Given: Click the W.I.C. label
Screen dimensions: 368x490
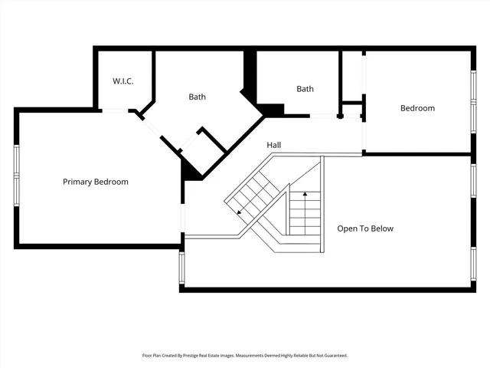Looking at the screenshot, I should (123, 80).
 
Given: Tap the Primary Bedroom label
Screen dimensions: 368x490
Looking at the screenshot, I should (96, 182).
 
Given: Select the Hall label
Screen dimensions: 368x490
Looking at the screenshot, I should (274, 145).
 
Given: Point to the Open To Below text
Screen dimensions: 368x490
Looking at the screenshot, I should (366, 228).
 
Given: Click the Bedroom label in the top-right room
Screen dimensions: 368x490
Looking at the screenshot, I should (417, 108).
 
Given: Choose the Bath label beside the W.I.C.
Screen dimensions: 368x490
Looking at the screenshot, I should (198, 97).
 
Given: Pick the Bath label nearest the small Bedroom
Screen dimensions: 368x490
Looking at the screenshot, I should (305, 89).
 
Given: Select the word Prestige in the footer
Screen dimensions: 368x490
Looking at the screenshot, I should (205, 356).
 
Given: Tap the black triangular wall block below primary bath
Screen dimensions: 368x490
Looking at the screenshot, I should (190, 172).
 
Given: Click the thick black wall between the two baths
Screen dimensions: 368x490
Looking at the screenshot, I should (250, 77).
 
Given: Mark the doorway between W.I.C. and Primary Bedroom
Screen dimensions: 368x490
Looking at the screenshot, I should (115, 110).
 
